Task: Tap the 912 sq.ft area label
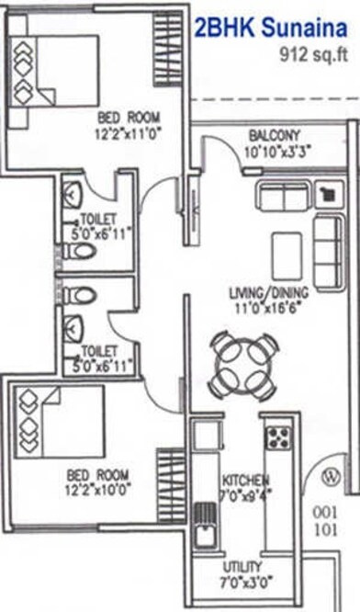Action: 315,54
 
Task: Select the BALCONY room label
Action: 274,136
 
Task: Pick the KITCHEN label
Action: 245,481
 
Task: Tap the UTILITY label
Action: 242,566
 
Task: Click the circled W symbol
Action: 332,476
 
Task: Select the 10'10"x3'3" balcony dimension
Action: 274,153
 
